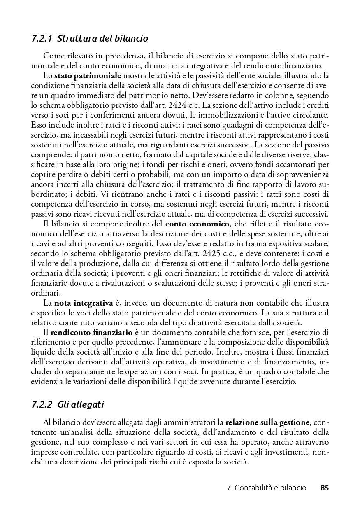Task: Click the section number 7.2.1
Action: point(42,39)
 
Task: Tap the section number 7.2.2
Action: point(42,404)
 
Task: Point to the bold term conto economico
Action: point(197,224)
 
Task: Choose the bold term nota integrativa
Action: point(84,303)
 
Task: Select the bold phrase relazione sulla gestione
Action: point(267,422)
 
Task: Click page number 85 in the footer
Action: point(324,488)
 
